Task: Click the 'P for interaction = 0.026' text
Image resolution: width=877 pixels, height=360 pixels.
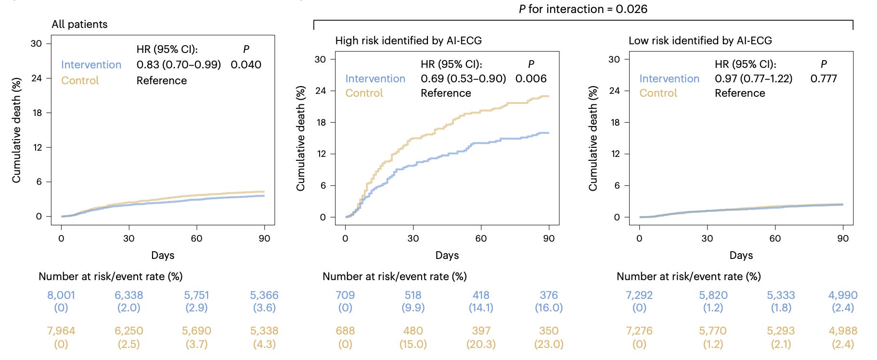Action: pyautogui.click(x=583, y=9)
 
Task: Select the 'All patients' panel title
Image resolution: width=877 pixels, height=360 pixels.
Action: pyautogui.click(x=79, y=25)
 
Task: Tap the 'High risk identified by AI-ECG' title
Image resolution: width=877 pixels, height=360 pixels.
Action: pyautogui.click(x=409, y=41)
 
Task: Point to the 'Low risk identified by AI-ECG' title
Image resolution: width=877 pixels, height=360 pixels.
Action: pyautogui.click(x=700, y=41)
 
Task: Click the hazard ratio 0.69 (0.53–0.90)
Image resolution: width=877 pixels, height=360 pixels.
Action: pyautogui.click(x=463, y=78)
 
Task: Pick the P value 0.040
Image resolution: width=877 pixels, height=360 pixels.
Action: pyautogui.click(x=246, y=64)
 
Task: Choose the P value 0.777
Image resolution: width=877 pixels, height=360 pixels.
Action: pyautogui.click(x=824, y=78)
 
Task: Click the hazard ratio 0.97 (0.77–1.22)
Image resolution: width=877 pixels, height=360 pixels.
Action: pyautogui.click(x=753, y=78)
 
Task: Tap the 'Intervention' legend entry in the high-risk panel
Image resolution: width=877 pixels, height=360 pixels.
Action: pyautogui.click(x=375, y=78)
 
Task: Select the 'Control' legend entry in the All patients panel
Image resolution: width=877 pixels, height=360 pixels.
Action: pyautogui.click(x=80, y=80)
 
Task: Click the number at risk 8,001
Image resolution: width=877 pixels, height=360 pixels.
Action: pyautogui.click(x=61, y=295)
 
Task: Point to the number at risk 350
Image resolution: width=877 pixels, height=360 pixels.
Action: pyautogui.click(x=549, y=331)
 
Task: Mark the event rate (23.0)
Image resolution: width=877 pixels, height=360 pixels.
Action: pyautogui.click(x=549, y=344)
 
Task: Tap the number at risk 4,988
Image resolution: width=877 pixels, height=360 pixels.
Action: pyautogui.click(x=843, y=331)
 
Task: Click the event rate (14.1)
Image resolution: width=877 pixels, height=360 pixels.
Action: pyautogui.click(x=481, y=308)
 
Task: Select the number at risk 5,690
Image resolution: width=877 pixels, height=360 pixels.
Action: pyautogui.click(x=196, y=331)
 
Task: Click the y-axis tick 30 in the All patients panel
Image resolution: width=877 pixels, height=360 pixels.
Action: pyautogui.click(x=36, y=44)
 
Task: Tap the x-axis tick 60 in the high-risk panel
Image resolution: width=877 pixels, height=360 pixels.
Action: pyautogui.click(x=481, y=238)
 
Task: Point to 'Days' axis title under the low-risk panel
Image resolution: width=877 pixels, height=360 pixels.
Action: pyautogui.click(x=741, y=256)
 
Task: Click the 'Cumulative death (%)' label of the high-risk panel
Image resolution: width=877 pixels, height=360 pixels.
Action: pyautogui.click(x=300, y=139)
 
